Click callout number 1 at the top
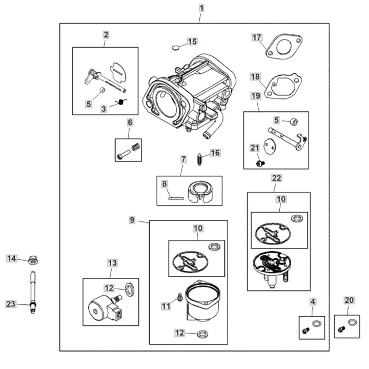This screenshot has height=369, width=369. click(201, 8)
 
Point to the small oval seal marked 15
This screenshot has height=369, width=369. click(176, 48)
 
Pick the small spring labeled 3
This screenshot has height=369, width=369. click(122, 103)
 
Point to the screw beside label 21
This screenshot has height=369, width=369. click(259, 163)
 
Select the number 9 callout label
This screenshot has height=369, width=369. click(132, 220)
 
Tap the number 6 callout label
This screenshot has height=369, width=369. click(130, 122)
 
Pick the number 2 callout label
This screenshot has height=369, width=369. click(106, 35)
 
